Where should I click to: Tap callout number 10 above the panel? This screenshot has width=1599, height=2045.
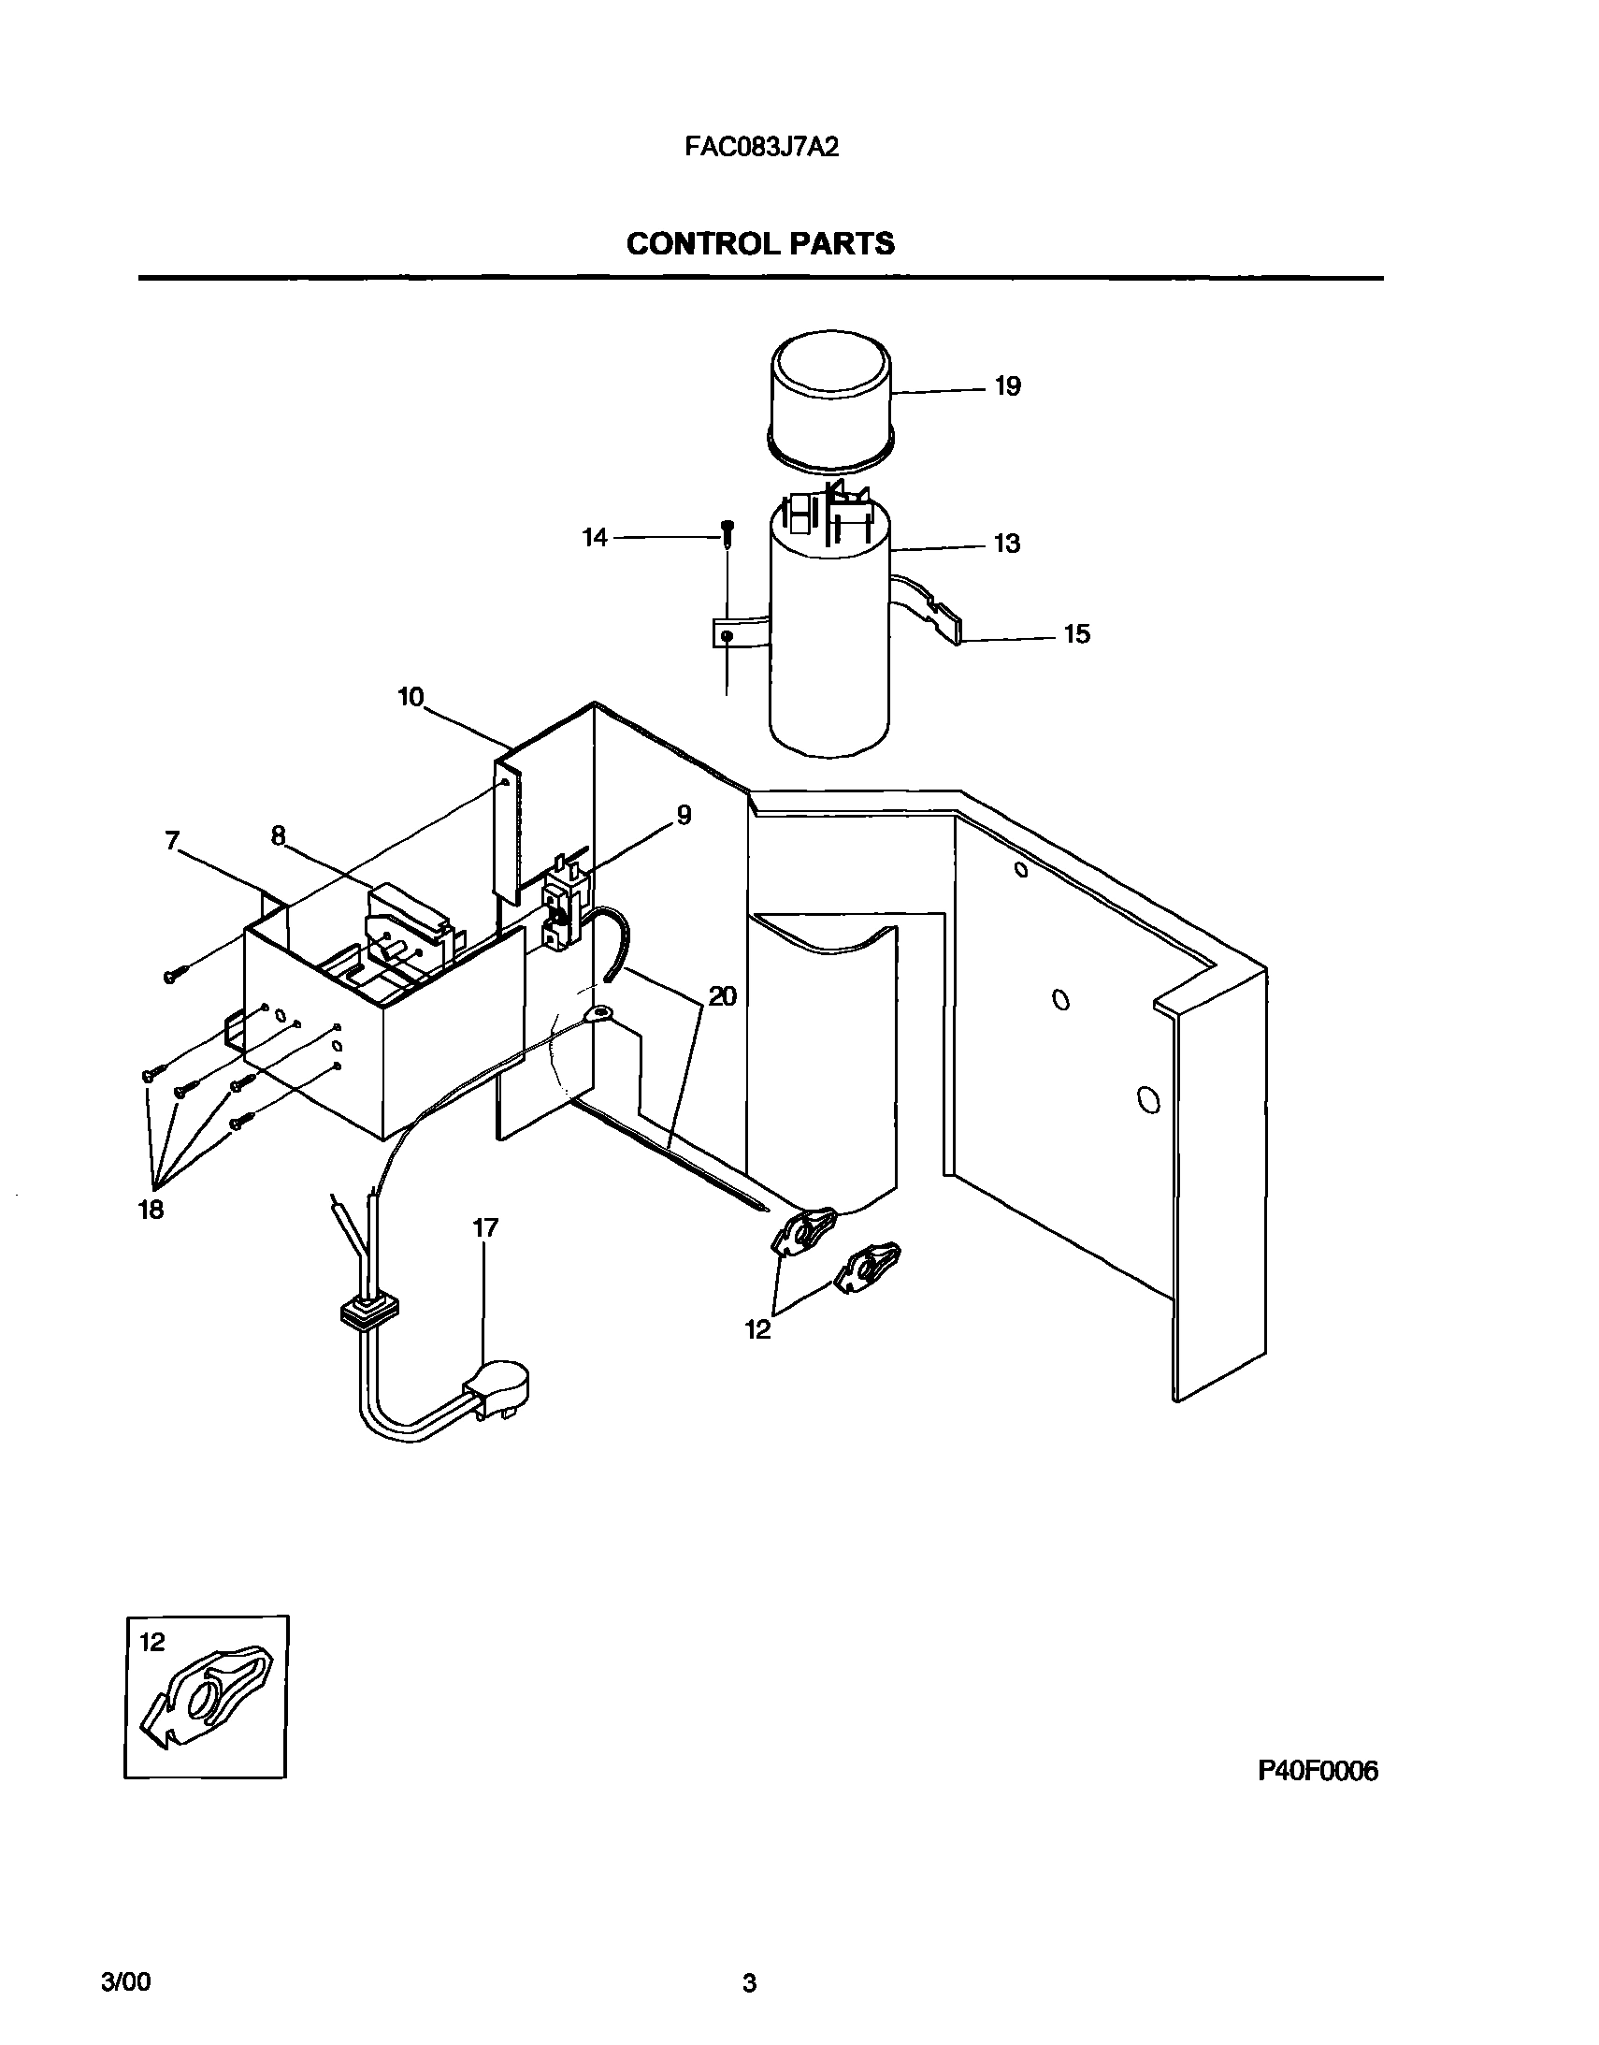[x=411, y=698]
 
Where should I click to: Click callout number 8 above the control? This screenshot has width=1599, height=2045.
[x=278, y=835]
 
